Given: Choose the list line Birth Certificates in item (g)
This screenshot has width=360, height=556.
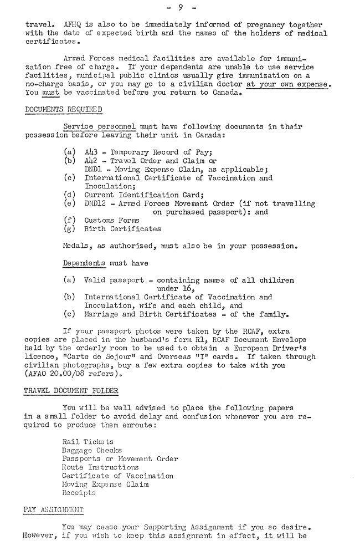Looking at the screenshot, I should coord(122,228).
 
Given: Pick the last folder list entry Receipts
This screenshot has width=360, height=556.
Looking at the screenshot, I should coord(79,492).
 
